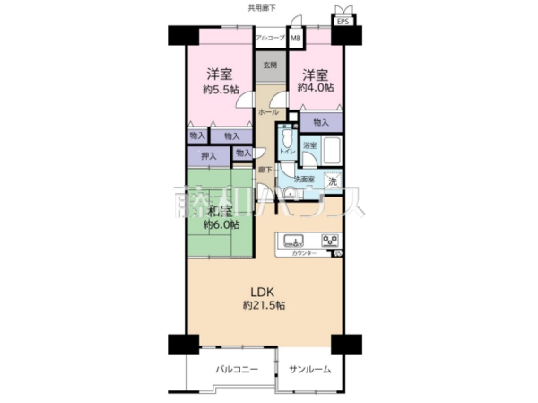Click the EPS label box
pos(343,20)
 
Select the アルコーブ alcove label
pos(270,38)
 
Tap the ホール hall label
pos(267,113)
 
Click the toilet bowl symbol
pos(286,141)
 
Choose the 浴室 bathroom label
pos(309,145)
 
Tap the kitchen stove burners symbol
pos(329,240)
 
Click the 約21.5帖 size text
pos(264,306)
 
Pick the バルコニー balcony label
pos(236,370)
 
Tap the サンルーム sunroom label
pos(309,370)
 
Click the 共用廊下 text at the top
pos(262,7)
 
